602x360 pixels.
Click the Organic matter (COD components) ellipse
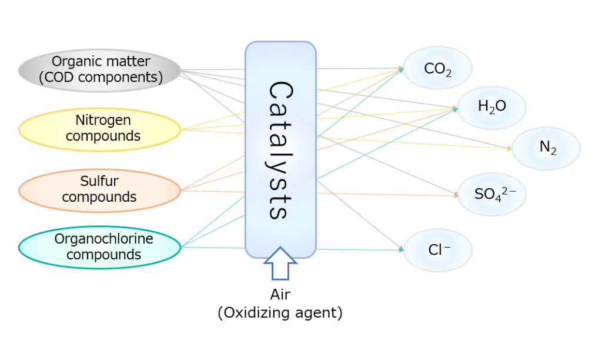click(x=99, y=70)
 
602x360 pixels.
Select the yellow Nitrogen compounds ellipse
click(x=99, y=129)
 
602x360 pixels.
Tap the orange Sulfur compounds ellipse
click(x=99, y=190)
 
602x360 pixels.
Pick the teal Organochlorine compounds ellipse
click(x=99, y=248)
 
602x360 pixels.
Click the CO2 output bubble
click(x=437, y=68)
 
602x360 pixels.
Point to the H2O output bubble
click(x=491, y=108)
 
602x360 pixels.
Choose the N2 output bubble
click(x=546, y=148)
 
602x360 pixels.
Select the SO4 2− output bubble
click(x=491, y=194)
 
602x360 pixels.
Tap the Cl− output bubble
click(x=437, y=250)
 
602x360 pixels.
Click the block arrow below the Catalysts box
click(x=280, y=264)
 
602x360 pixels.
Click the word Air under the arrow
click(x=280, y=295)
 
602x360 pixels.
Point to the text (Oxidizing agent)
click(x=280, y=312)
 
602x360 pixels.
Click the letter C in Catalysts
click(x=280, y=91)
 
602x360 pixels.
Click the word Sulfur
click(x=99, y=182)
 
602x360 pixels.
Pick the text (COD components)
click(x=101, y=77)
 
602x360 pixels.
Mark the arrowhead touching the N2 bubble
click(x=510, y=149)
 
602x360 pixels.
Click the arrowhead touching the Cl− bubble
click(x=402, y=250)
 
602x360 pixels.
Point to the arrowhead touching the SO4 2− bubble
click(x=456, y=195)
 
